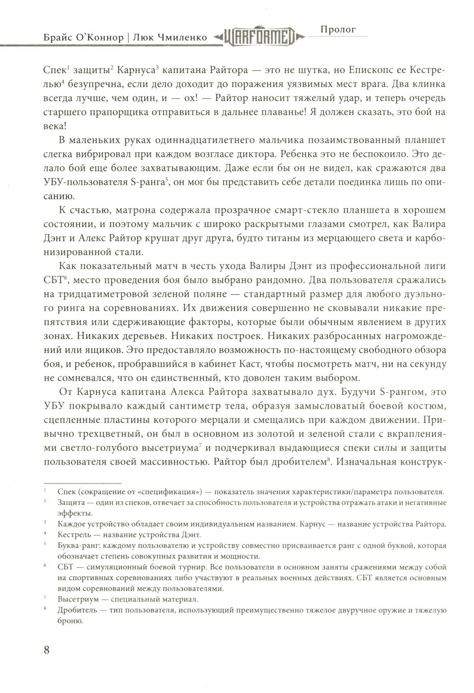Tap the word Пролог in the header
click(338, 29)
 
